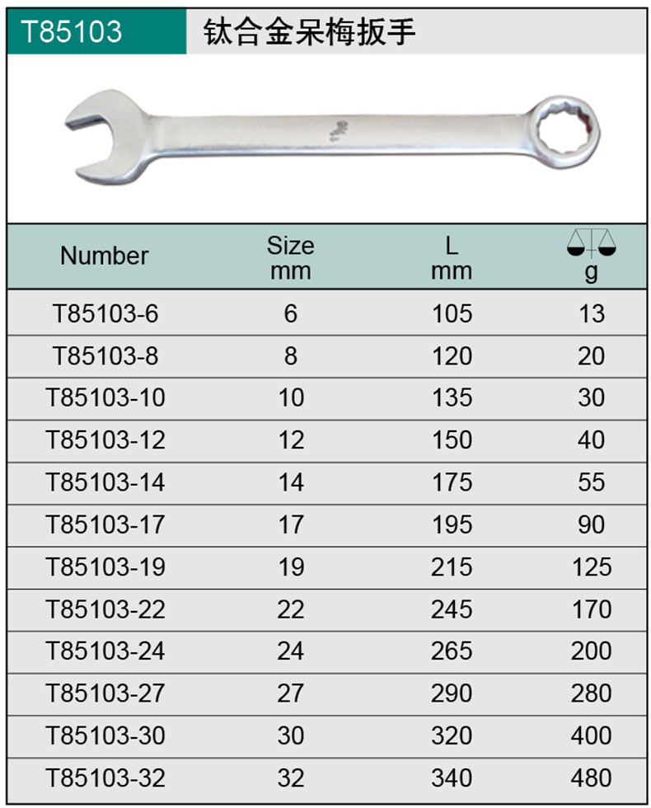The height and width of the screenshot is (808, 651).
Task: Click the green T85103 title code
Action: pos(72,31)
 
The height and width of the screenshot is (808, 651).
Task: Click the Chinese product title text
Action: pos(310,32)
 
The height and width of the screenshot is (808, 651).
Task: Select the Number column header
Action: pos(105,256)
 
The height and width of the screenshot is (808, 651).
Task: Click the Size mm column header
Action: pos(290,258)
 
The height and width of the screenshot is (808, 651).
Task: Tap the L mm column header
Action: pos(452,258)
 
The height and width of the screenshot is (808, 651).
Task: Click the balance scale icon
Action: pos(592,242)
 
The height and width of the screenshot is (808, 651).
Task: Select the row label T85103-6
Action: pos(105,314)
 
